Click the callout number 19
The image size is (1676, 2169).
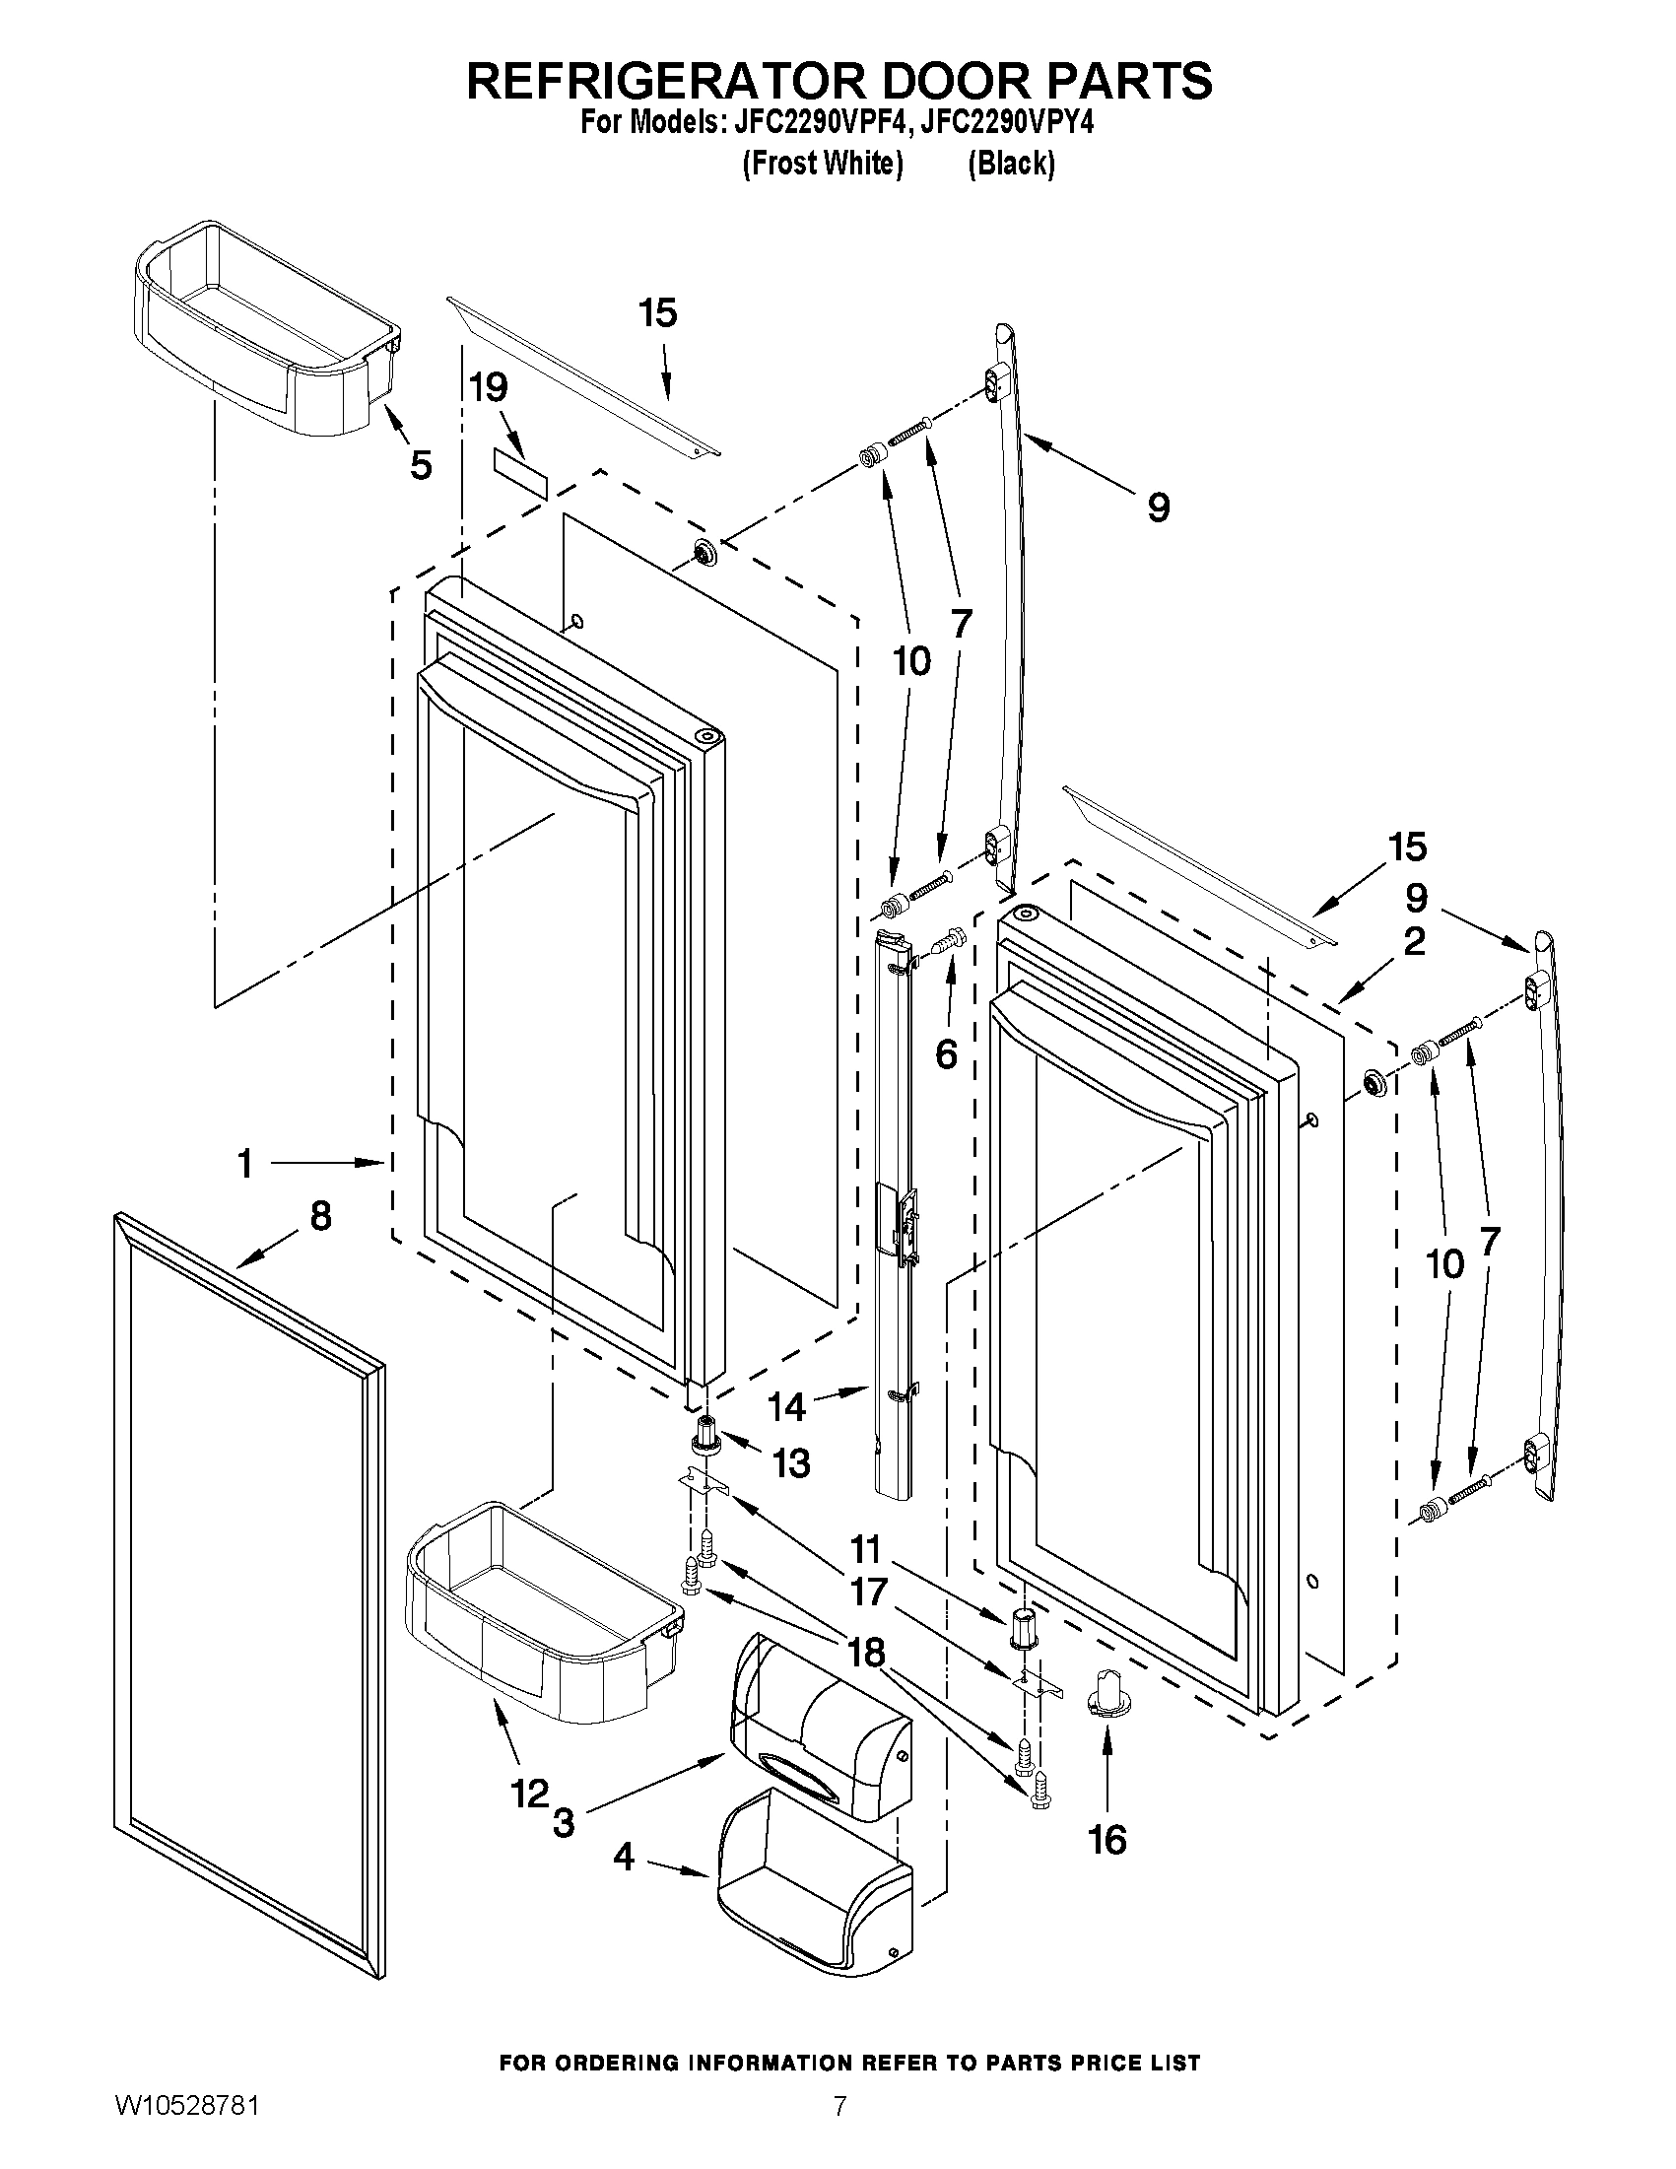489,387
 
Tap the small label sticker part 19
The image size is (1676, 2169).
520,473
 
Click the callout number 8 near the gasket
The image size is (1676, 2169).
320,1217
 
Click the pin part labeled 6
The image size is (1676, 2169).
950,937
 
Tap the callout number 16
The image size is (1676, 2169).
1107,1840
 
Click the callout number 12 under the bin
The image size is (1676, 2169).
529,1794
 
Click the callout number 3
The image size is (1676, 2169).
563,1823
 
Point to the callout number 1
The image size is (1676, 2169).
245,1163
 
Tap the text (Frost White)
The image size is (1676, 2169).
822,164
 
